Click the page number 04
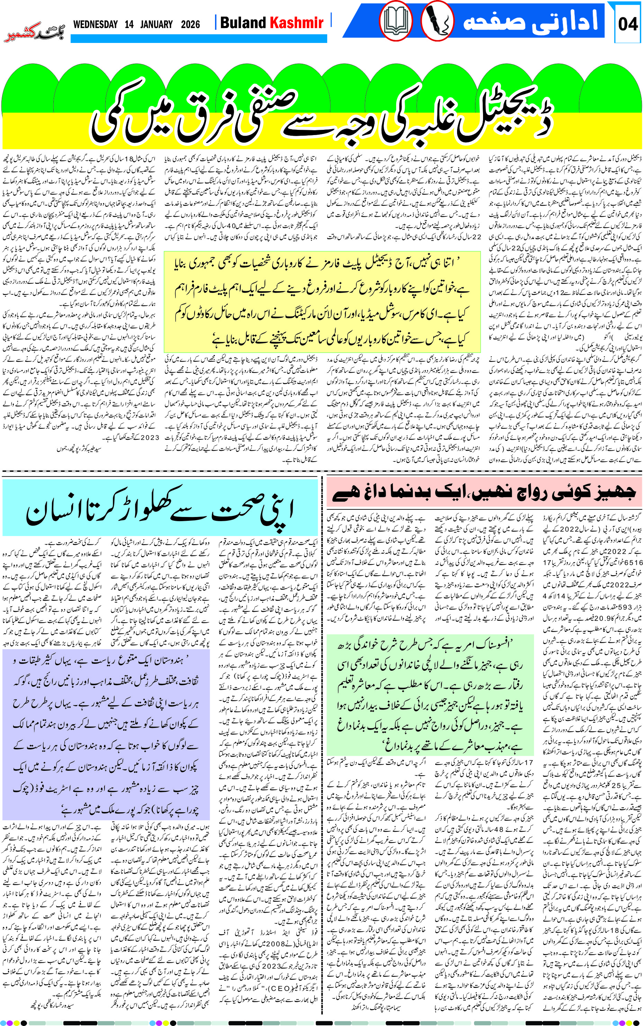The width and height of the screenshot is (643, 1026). [627, 24]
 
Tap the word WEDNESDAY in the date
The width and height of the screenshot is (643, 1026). [95, 24]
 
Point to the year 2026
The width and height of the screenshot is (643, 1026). [190, 24]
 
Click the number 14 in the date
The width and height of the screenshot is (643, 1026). [129, 24]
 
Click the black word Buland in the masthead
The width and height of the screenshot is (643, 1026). [243, 23]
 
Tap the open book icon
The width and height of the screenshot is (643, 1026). [395, 21]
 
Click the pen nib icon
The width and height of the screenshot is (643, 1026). [437, 21]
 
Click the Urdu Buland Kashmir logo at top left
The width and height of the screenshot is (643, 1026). [34, 32]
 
